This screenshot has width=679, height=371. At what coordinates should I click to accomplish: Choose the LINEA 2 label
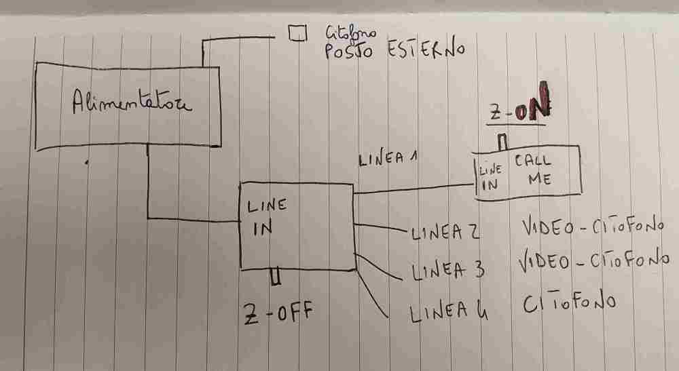[x=445, y=233]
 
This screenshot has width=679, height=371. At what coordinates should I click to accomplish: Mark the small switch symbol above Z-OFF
[x=275, y=277]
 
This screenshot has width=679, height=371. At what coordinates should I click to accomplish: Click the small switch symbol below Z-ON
[x=502, y=142]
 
